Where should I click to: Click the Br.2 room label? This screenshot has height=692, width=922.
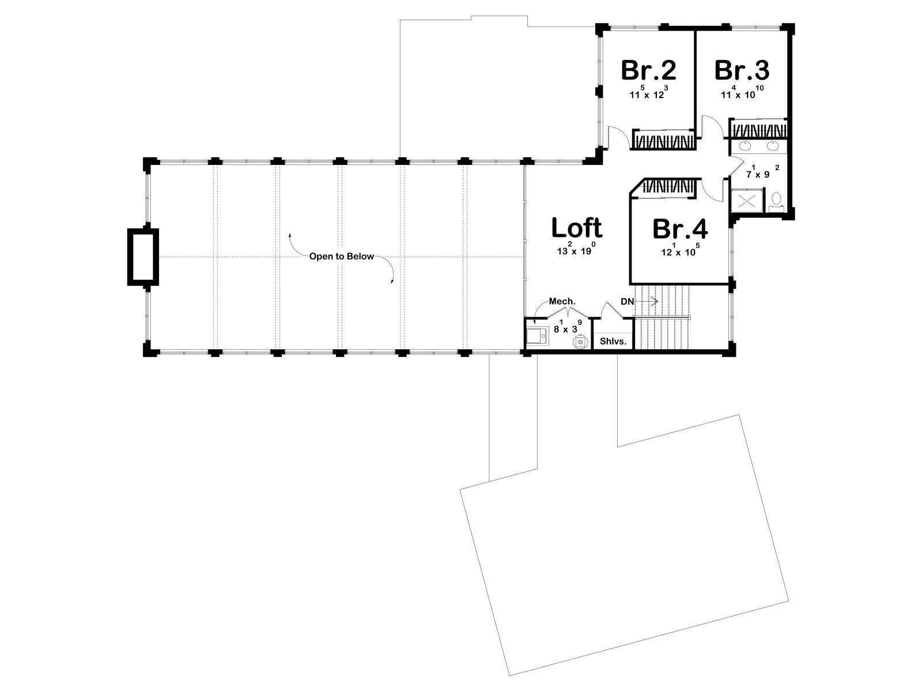click(x=648, y=70)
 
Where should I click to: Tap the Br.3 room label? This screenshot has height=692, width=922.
click(x=742, y=70)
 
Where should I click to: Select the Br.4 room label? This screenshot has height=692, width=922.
click(x=680, y=229)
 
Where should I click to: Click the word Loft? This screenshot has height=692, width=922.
click(x=577, y=228)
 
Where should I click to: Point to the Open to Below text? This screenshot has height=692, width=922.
click(x=342, y=256)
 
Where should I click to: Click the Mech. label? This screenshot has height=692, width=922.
click(x=562, y=301)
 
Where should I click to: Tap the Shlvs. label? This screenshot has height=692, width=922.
click(x=613, y=341)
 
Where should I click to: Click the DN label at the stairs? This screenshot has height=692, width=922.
click(x=627, y=302)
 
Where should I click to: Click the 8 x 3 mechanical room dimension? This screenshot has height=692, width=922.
click(x=568, y=327)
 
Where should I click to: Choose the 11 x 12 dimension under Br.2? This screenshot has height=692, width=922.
click(x=648, y=92)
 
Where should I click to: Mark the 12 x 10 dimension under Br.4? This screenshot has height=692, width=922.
click(x=680, y=250)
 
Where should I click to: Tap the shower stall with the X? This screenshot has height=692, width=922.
click(x=746, y=201)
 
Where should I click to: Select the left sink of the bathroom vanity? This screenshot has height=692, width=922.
click(x=745, y=146)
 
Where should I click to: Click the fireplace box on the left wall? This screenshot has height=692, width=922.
click(x=143, y=257)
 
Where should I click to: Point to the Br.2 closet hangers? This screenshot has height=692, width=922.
click(x=664, y=140)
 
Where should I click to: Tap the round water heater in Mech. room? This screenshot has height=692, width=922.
click(x=580, y=342)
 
